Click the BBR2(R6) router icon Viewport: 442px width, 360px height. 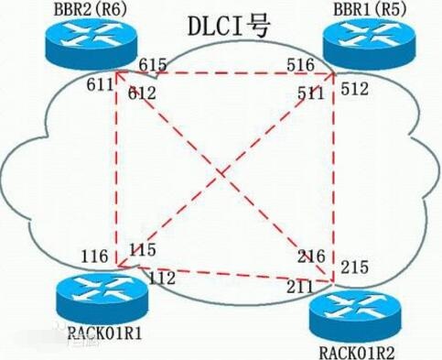[x=92, y=43]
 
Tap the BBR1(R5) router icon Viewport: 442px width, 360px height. [x=369, y=43]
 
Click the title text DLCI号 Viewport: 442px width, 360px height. [x=229, y=26]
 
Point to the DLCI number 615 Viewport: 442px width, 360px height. [x=153, y=65]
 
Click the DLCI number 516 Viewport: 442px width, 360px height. [x=300, y=65]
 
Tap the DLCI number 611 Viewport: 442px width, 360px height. [x=100, y=84]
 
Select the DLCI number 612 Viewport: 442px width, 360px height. [x=142, y=93]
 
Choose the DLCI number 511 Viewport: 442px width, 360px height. [x=310, y=93]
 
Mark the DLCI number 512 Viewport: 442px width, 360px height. [x=354, y=89]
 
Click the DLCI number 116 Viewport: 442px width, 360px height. [x=94, y=256]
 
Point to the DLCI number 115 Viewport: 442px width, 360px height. [x=143, y=249]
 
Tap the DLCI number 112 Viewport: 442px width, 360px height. [x=162, y=278]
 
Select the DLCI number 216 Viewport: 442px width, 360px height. [x=311, y=256]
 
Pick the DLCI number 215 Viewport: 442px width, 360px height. [x=354, y=267]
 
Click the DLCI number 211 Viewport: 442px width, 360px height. [x=300, y=287]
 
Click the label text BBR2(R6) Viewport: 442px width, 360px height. [x=91, y=9]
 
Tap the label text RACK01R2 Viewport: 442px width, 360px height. [x=357, y=353]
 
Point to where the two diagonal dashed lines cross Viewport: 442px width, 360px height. [x=221, y=173]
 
